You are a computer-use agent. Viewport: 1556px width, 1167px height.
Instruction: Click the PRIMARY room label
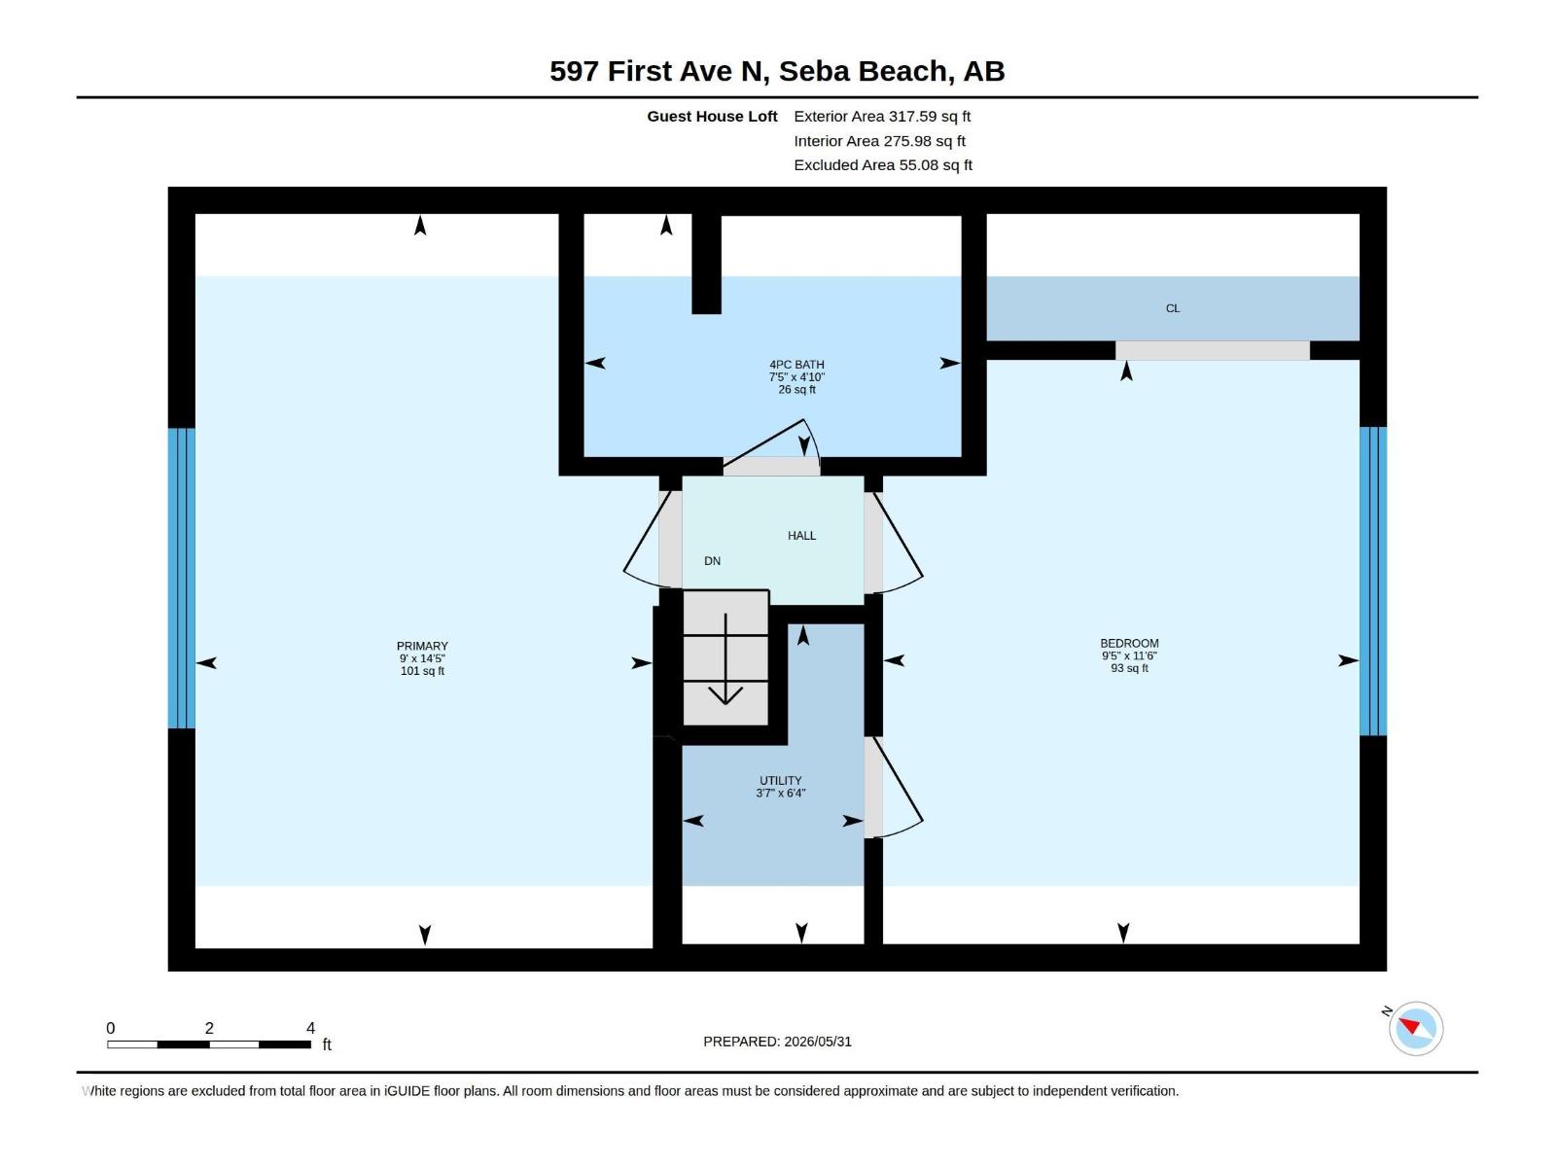[422, 646]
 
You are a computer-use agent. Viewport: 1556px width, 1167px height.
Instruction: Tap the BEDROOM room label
[1129, 644]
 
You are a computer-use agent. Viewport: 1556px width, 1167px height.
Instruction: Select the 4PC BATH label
[796, 364]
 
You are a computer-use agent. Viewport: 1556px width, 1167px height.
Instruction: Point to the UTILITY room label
[781, 780]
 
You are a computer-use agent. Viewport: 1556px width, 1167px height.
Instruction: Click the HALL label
[801, 536]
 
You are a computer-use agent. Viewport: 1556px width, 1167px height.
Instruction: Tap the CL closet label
[1173, 308]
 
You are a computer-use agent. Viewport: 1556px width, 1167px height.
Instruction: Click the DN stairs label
[713, 561]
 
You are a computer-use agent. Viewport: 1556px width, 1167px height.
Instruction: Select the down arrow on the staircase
[725, 659]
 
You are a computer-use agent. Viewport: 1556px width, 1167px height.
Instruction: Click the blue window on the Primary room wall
[182, 579]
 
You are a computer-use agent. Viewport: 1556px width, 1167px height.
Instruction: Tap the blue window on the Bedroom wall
[1373, 581]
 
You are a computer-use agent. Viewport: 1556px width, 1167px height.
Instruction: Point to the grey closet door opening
[1212, 351]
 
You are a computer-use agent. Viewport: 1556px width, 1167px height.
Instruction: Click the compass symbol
[1416, 1028]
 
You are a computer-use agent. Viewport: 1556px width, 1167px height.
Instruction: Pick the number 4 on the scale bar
[310, 1028]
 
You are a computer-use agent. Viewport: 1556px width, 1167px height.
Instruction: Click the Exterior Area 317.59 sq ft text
[882, 116]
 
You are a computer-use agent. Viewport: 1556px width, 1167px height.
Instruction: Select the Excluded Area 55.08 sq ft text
[883, 165]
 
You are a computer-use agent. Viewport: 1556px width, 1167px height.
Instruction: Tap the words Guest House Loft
[712, 116]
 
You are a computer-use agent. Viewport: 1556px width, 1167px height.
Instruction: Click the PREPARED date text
[777, 1042]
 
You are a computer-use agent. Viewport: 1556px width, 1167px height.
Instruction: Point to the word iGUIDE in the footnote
[407, 1091]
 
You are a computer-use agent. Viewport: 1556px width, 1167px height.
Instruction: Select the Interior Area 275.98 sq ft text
[879, 141]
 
